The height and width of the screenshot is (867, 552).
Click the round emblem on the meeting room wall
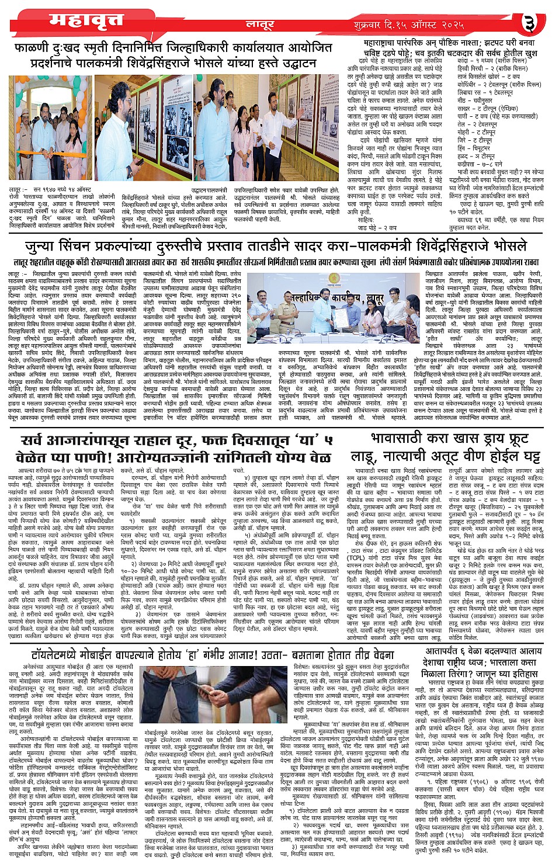334,278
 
